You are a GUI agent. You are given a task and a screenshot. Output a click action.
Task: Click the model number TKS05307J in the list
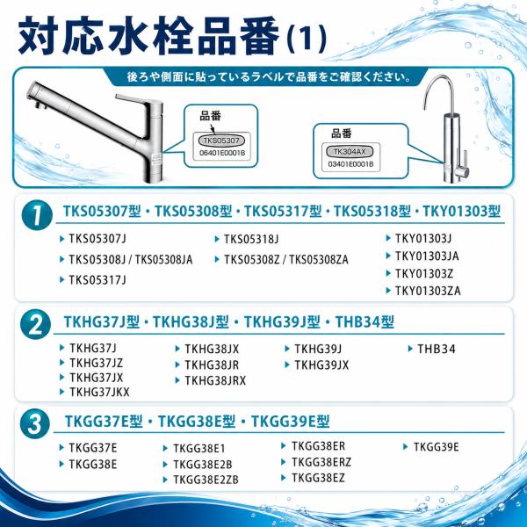pos(97,239)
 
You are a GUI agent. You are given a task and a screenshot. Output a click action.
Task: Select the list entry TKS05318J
pos(251,239)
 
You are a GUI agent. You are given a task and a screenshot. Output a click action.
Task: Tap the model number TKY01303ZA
pos(428,291)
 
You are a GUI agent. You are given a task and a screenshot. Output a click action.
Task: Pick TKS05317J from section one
pos(97,279)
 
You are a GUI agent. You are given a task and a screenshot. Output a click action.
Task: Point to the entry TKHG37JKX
pos(99,392)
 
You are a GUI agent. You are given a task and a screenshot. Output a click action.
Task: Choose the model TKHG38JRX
pos(215,380)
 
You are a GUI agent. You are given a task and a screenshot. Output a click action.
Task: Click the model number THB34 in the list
pos(437,349)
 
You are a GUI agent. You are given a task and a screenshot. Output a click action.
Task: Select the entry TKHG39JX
pos(321,365)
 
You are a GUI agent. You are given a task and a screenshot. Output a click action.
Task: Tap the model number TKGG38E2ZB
pos(206,480)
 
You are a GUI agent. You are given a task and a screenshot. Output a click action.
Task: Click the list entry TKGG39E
pos(436,447)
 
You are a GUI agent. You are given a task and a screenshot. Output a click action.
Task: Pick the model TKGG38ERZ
pos(321,462)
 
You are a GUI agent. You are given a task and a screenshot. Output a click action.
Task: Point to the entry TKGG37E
pos(93,448)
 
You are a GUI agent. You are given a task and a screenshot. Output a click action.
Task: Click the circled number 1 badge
pos(37,215)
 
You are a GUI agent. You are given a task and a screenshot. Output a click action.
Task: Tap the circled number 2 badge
pos(35,325)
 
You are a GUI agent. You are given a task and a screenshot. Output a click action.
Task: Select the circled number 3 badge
pos(35,423)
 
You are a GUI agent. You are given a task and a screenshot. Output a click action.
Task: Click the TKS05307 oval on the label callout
pos(221,141)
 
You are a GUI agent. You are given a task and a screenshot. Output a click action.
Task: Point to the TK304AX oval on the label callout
pos(350,152)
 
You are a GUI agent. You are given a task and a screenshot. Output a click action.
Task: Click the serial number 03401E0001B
pos(350,164)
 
